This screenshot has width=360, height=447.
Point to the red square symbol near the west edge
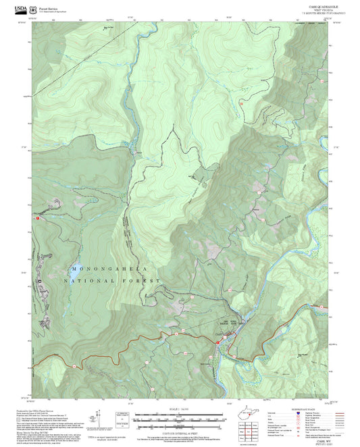click(38, 218)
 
